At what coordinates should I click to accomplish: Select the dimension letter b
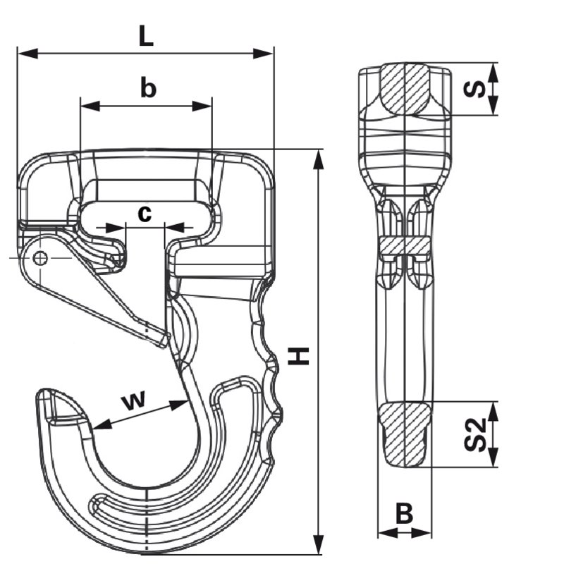pyautogui.click(x=148, y=87)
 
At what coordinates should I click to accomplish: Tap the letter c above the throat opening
pyautogui.click(x=145, y=214)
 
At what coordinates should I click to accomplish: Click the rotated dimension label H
pyautogui.click(x=298, y=356)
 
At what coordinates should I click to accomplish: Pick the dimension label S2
pyautogui.click(x=475, y=434)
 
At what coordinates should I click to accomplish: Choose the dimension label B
pyautogui.click(x=404, y=513)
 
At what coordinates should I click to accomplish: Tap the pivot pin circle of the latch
pyautogui.click(x=40, y=258)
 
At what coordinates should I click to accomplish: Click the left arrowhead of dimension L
pyautogui.click(x=27, y=54)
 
